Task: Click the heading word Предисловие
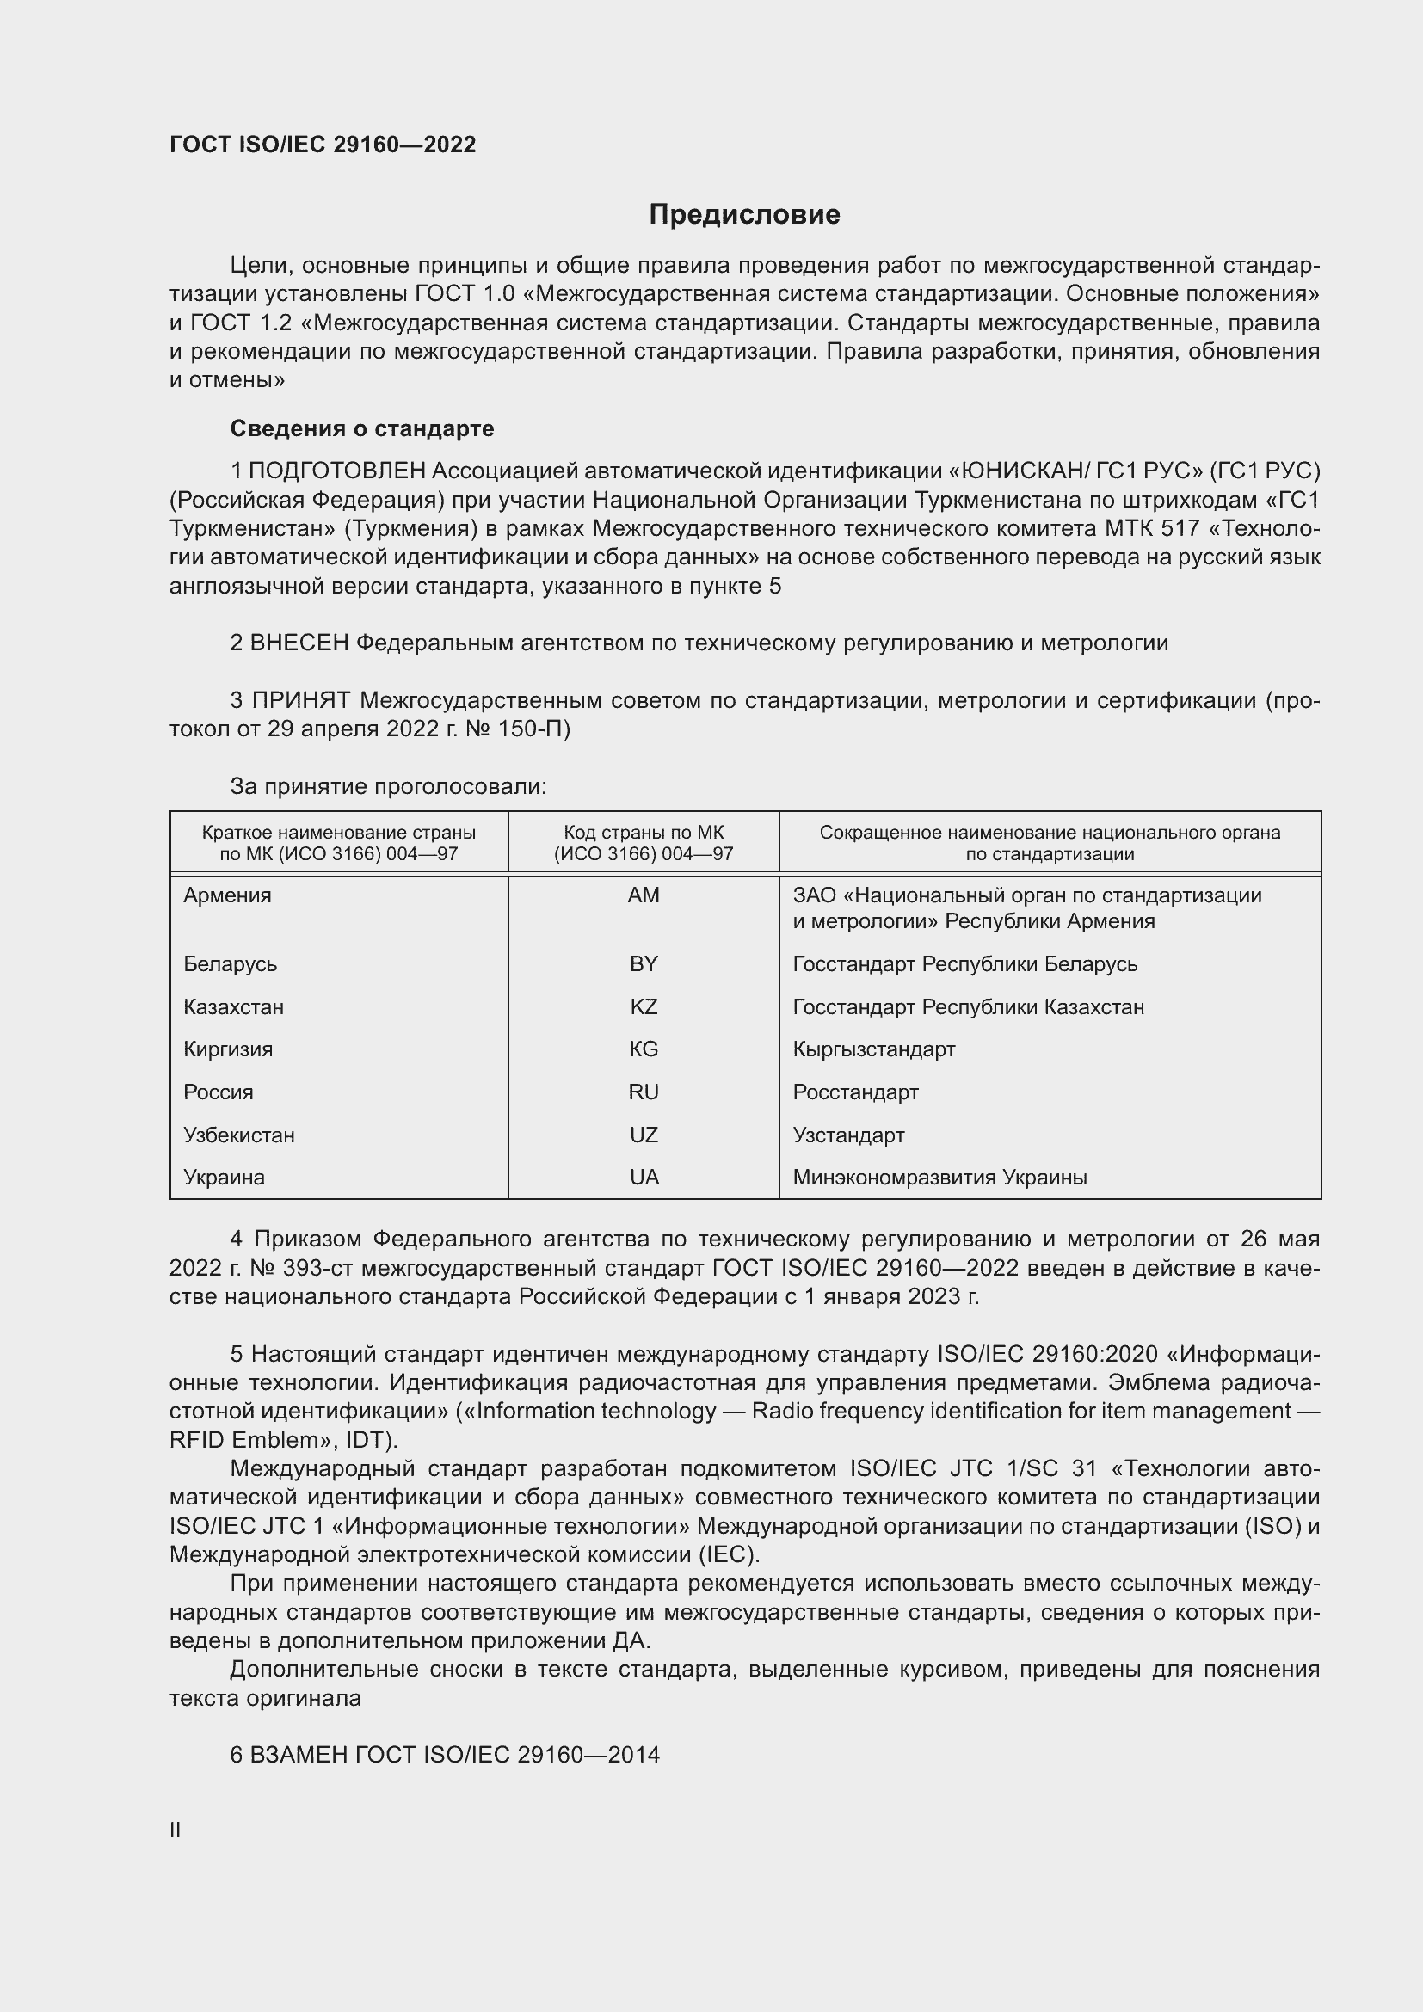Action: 744,215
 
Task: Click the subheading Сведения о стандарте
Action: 362,428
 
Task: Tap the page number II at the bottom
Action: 176,1830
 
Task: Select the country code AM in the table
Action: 644,895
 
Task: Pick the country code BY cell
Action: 644,964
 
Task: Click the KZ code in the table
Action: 644,1007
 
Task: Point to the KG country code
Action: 644,1049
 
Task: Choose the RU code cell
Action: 644,1092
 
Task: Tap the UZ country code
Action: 644,1135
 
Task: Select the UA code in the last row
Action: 644,1177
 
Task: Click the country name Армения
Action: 227,895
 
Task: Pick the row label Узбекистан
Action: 238,1135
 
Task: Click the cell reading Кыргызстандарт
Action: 873,1049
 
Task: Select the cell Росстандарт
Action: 855,1092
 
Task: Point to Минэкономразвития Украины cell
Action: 939,1177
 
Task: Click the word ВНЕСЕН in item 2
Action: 299,643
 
